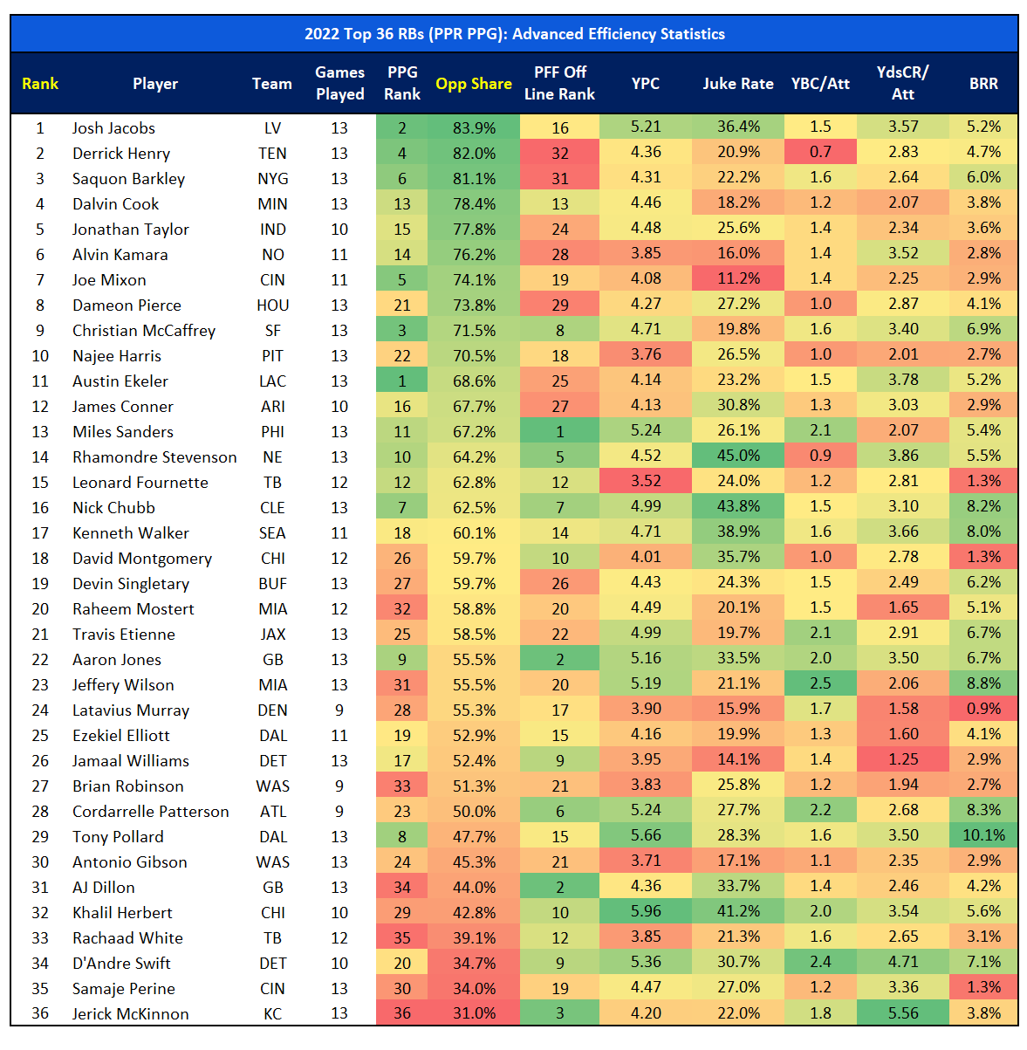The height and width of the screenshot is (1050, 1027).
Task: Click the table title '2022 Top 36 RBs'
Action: point(514,34)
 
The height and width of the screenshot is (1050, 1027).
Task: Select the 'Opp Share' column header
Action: point(474,84)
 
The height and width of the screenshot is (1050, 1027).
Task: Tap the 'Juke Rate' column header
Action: point(738,84)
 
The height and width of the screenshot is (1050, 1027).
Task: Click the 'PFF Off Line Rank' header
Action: point(559,84)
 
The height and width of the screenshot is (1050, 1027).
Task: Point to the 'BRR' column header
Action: point(983,84)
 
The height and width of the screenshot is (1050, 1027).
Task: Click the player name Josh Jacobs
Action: point(113,127)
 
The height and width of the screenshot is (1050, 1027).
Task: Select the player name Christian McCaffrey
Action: point(144,330)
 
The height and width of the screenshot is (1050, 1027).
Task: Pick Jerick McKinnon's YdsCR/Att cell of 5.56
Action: point(903,1013)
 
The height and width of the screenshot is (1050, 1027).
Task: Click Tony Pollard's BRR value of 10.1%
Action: point(983,836)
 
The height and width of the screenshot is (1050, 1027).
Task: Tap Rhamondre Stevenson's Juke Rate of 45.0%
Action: point(738,456)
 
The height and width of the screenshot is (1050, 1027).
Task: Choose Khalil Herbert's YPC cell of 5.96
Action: point(646,912)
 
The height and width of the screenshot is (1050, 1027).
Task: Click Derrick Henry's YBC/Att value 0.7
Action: point(820,153)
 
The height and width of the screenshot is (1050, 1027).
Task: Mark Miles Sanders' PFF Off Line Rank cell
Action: point(559,431)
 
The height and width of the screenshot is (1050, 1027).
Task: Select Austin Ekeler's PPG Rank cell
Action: point(402,381)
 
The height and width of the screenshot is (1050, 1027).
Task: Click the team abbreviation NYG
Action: point(272,178)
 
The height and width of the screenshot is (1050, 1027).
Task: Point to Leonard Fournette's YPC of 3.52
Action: point(646,482)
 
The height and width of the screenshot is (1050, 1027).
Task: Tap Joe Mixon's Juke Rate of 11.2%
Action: point(738,279)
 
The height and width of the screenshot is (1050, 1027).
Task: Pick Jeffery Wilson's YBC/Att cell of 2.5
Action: point(820,684)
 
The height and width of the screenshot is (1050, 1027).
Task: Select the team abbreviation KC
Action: point(272,1013)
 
